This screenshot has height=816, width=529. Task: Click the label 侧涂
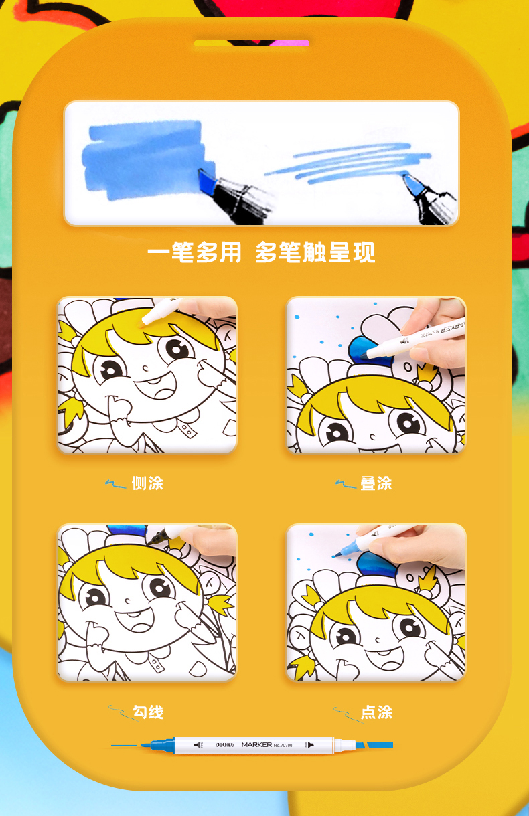147,483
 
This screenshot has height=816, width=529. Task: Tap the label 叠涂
376,483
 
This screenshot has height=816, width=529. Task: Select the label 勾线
147,712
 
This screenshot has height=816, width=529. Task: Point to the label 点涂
376,712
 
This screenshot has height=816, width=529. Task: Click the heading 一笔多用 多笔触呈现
261,252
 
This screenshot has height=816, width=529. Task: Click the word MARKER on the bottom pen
257,744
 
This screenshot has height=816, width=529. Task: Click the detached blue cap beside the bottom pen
380,745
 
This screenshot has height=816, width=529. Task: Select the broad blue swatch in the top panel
144,160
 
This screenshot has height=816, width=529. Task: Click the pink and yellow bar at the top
252,43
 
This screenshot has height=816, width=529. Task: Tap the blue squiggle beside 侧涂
115,484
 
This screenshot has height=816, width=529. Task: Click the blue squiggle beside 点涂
348,714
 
